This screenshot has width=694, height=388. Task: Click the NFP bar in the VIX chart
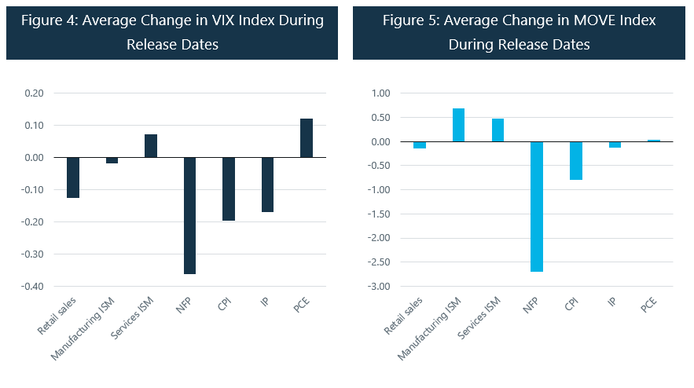(189, 215)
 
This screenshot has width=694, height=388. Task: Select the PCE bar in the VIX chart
(306, 138)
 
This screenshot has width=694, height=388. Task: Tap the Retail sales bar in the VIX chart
(73, 178)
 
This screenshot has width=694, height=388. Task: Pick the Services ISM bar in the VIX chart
(151, 146)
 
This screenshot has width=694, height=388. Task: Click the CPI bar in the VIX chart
(228, 189)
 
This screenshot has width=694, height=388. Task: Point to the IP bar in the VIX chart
(267, 185)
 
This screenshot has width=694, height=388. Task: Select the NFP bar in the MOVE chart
(537, 207)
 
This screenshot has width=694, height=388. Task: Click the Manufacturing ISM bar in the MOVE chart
(458, 126)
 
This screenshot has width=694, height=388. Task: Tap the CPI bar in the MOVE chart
(576, 161)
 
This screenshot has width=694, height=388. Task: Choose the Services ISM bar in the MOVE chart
(498, 130)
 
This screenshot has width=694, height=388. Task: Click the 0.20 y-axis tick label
(34, 93)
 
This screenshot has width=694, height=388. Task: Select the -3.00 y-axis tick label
(379, 286)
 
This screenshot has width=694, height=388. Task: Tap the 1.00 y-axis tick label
(380, 93)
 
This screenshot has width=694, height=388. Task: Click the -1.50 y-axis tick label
(379, 214)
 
